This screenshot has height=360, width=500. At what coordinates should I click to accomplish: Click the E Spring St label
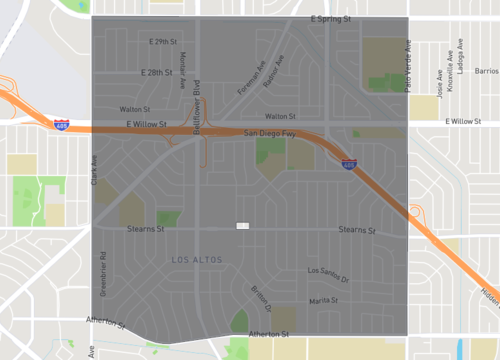point(330,19)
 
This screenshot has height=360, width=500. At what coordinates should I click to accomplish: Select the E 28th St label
point(157,73)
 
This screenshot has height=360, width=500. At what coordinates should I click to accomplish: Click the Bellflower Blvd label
point(197,100)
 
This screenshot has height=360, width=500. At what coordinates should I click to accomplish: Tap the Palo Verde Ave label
point(408,66)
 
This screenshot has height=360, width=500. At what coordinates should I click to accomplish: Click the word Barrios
point(486,72)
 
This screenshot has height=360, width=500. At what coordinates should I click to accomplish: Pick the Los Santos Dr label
point(327,272)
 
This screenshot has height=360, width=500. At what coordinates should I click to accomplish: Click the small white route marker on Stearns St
point(242,226)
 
